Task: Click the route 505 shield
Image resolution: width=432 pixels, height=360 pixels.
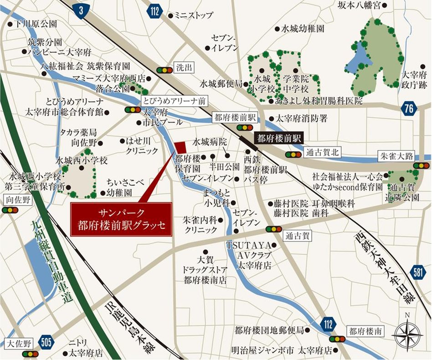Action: click(x=46, y=341)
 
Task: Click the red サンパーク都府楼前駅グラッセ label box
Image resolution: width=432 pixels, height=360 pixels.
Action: click(x=121, y=219)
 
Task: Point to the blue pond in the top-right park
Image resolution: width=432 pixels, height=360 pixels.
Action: click(x=356, y=57)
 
